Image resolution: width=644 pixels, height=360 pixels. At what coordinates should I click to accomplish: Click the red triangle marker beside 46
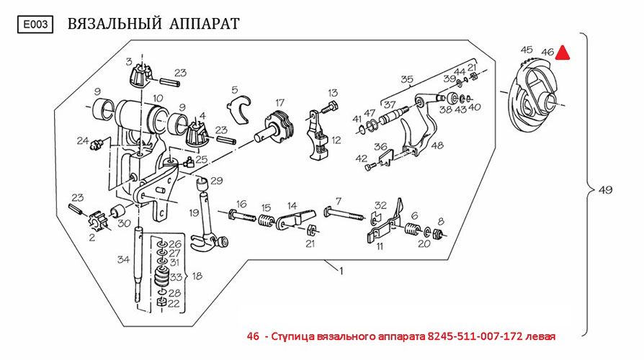click(562, 52)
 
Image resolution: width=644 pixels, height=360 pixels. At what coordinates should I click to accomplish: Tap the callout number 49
click(605, 190)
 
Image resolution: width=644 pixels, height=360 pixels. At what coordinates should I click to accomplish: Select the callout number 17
click(279, 102)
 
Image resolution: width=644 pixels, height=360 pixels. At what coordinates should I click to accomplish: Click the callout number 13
click(333, 93)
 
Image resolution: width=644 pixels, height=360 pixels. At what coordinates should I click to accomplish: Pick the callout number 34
click(123, 259)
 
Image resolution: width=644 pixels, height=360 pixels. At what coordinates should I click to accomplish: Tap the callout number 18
click(197, 276)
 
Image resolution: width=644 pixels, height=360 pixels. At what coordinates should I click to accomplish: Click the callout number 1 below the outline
click(341, 271)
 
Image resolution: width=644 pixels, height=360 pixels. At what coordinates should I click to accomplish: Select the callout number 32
click(381, 205)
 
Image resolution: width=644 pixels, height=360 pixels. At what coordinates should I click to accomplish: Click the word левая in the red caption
click(540, 336)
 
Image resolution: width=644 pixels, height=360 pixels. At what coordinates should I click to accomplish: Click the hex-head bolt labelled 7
click(344, 214)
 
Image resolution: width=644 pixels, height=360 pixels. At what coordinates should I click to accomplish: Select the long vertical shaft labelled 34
click(137, 266)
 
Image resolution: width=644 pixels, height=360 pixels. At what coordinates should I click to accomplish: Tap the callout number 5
click(235, 89)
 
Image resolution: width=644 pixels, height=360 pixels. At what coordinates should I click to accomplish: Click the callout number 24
click(83, 140)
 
